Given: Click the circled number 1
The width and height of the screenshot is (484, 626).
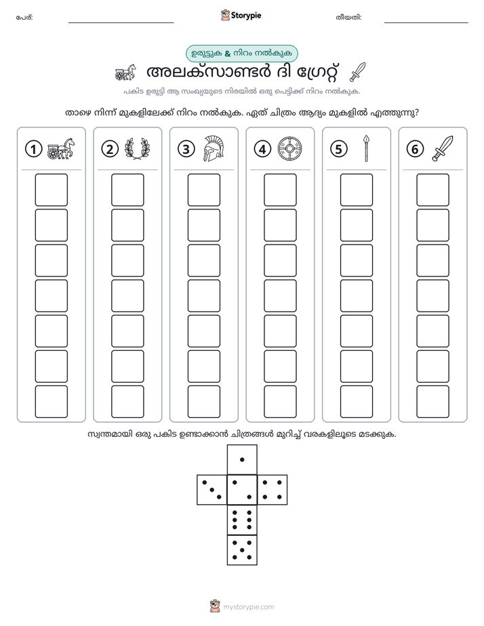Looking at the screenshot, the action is pyautogui.click(x=33, y=149).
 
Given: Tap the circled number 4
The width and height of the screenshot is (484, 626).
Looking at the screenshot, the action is pyautogui.click(x=262, y=149).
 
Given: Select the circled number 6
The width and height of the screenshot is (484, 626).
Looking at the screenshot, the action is pyautogui.click(x=415, y=149).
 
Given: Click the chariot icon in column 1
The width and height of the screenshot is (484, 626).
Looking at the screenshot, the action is pyautogui.click(x=61, y=148).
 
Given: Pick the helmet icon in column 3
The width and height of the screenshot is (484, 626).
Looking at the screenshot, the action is pyautogui.click(x=214, y=148).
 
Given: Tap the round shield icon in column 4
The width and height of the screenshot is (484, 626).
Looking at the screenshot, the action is pyautogui.click(x=289, y=149).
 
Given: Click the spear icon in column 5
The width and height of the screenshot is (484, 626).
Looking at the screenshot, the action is pyautogui.click(x=366, y=148).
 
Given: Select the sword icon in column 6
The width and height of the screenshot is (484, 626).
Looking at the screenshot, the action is pyautogui.click(x=443, y=148).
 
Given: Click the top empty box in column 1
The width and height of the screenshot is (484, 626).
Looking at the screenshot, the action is pyautogui.click(x=51, y=190).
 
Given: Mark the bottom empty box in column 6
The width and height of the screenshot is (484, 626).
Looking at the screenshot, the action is pyautogui.click(x=432, y=402).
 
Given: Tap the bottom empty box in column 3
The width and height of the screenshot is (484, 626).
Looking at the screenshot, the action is pyautogui.click(x=203, y=402).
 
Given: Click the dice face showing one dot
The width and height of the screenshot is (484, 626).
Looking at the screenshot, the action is pyautogui.click(x=242, y=459).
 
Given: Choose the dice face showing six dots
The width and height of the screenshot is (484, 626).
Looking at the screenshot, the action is pyautogui.click(x=242, y=520).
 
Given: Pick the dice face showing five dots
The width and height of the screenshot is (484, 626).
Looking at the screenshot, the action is pyautogui.click(x=242, y=550).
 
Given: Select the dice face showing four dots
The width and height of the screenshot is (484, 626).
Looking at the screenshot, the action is pyautogui.click(x=273, y=490).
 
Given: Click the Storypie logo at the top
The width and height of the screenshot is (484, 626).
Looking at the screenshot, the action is pyautogui.click(x=241, y=16).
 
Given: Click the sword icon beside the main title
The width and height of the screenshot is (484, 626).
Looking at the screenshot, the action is pyautogui.click(x=357, y=72).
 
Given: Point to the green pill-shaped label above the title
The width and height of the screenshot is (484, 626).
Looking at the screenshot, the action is pyautogui.click(x=242, y=54).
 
